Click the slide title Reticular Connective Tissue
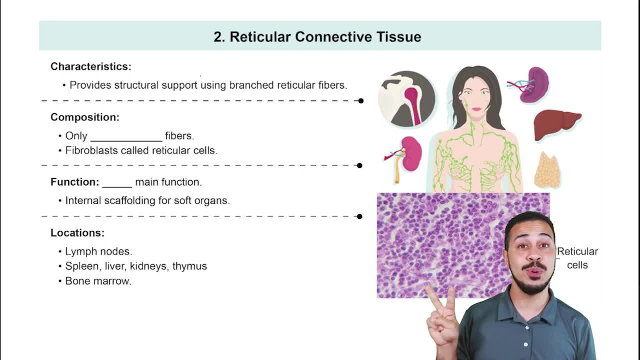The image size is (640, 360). pyautogui.click(x=317, y=37)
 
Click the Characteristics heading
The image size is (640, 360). pyautogui.click(x=91, y=66)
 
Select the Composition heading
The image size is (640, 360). pyautogui.click(x=85, y=117)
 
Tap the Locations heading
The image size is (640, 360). pyautogui.click(x=77, y=233)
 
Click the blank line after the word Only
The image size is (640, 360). pyautogui.click(x=126, y=140)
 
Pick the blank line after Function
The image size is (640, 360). pyautogui.click(x=117, y=187)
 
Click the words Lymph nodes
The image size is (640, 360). pyautogui.click(x=98, y=251)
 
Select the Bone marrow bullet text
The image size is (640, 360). pyautogui.click(x=98, y=281)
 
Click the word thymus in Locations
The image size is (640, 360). pyautogui.click(x=189, y=266)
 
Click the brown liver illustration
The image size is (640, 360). pyautogui.click(x=557, y=125)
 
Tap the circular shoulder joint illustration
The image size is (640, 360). pyautogui.click(x=406, y=99)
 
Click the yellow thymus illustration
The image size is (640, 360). pyautogui.click(x=547, y=170)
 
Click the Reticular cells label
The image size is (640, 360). pyautogui.click(x=577, y=258)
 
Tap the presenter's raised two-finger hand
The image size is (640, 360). pyautogui.click(x=442, y=315)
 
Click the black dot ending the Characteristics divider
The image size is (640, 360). pyautogui.click(x=361, y=101)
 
